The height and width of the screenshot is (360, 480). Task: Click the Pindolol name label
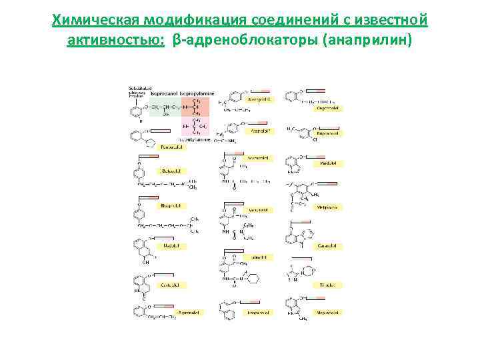328,163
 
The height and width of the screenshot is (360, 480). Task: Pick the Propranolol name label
259,311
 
